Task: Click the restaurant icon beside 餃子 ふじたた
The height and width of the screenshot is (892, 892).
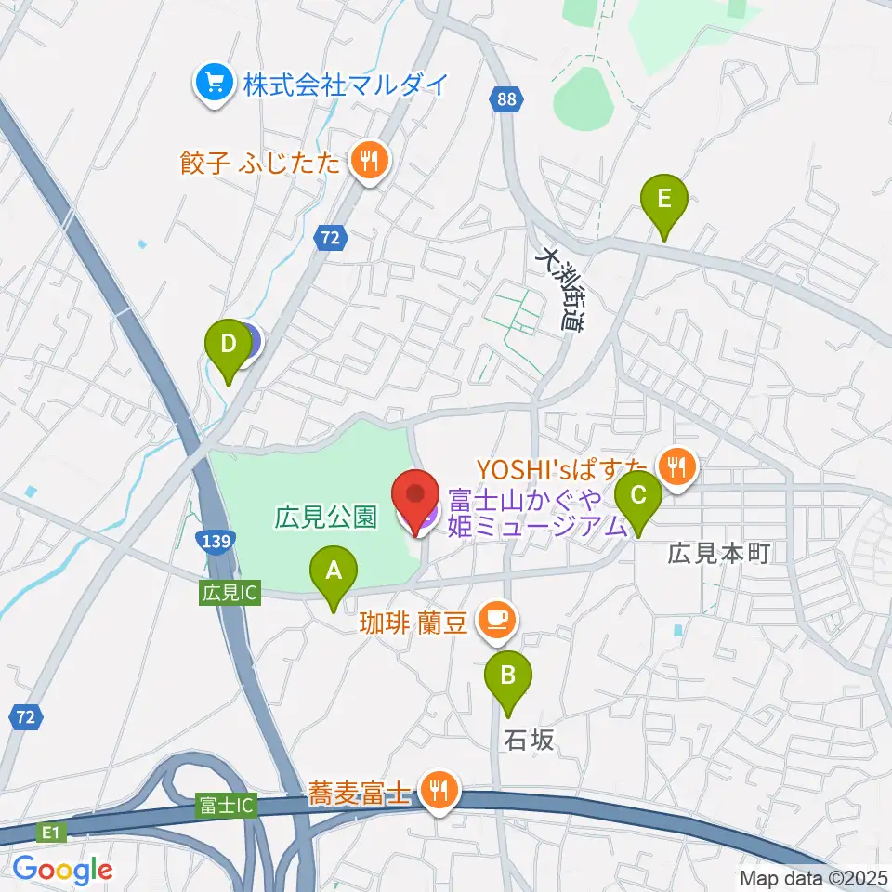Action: (x=369, y=164)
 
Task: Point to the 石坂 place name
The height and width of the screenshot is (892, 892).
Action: (x=531, y=740)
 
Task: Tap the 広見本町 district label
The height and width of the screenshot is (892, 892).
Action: (x=719, y=554)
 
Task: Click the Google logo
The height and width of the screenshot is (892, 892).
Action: (x=63, y=869)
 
